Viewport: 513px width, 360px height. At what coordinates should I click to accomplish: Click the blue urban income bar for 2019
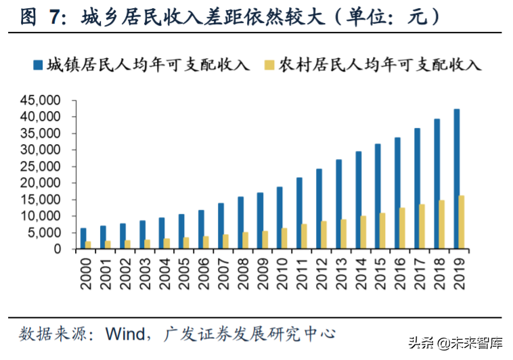[457, 179]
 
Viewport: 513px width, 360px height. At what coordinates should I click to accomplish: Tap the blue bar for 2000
[83, 239]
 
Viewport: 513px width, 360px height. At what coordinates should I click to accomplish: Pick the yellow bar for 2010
[285, 239]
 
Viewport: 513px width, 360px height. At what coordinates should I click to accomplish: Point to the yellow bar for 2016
[403, 229]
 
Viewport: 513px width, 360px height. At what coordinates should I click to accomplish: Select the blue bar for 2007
[221, 226]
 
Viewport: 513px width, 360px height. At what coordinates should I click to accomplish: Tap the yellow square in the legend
[269, 65]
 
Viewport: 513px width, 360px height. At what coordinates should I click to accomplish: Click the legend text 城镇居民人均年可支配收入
[148, 65]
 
